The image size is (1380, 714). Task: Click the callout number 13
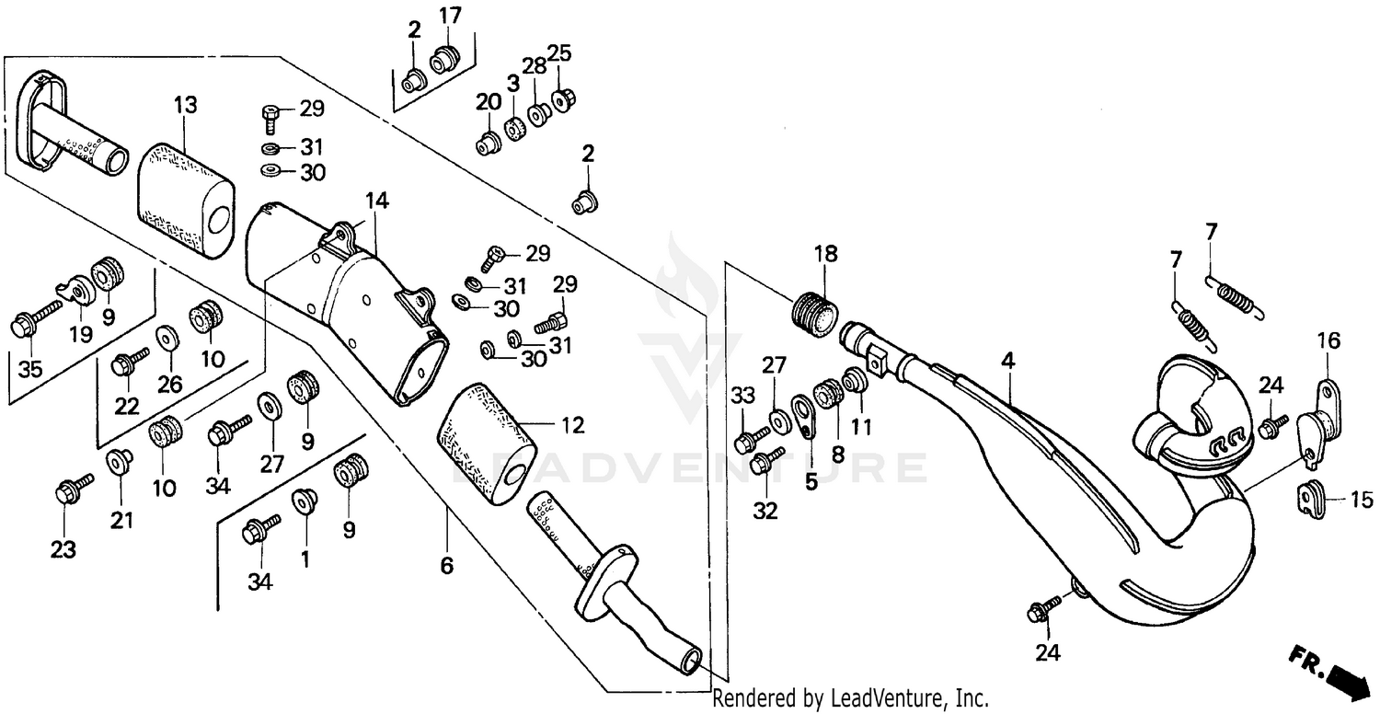[185, 106]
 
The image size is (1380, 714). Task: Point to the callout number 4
[1008, 362]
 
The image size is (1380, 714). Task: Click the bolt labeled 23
[73, 488]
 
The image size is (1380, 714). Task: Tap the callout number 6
[447, 565]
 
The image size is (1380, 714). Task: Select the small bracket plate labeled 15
[1310, 496]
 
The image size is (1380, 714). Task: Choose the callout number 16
[1328, 340]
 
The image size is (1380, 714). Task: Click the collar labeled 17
[444, 59]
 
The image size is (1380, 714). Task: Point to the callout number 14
[375, 201]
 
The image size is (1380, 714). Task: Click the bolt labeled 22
[128, 362]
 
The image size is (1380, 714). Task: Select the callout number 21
[122, 521]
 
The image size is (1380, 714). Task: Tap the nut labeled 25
[558, 98]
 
